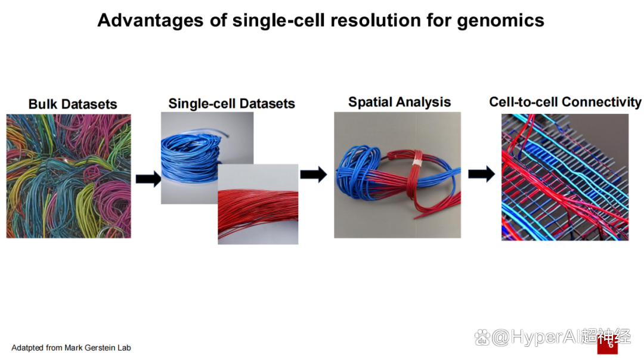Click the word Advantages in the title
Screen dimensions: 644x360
150,20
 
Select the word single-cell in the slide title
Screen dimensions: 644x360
278,21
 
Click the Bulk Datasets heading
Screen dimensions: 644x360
73,104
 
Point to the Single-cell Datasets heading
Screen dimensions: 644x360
231,104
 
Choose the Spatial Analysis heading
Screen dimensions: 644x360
400,102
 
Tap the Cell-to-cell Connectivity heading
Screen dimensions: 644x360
565,102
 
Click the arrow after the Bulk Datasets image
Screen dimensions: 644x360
148,179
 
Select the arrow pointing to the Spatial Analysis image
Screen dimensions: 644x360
314,175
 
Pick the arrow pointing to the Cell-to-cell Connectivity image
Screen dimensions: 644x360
481,174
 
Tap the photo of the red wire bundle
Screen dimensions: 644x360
258,204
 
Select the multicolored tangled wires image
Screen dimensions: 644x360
69,176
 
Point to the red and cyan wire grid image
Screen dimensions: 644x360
565,177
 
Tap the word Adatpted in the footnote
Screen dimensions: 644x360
27,348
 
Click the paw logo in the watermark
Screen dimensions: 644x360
482,338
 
